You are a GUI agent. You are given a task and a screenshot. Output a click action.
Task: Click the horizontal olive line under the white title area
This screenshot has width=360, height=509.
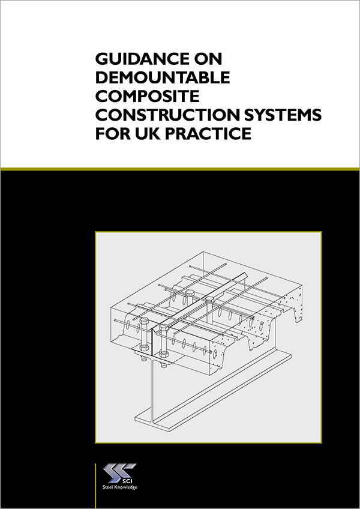[180, 169]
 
